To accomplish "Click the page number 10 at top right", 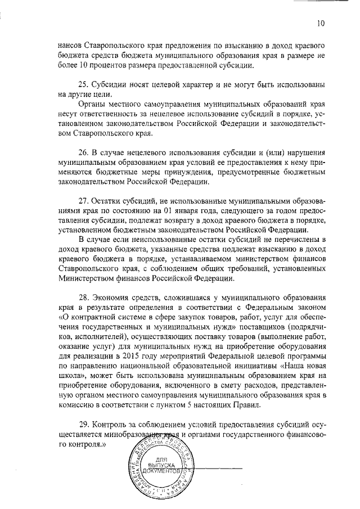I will pos(321,24).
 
